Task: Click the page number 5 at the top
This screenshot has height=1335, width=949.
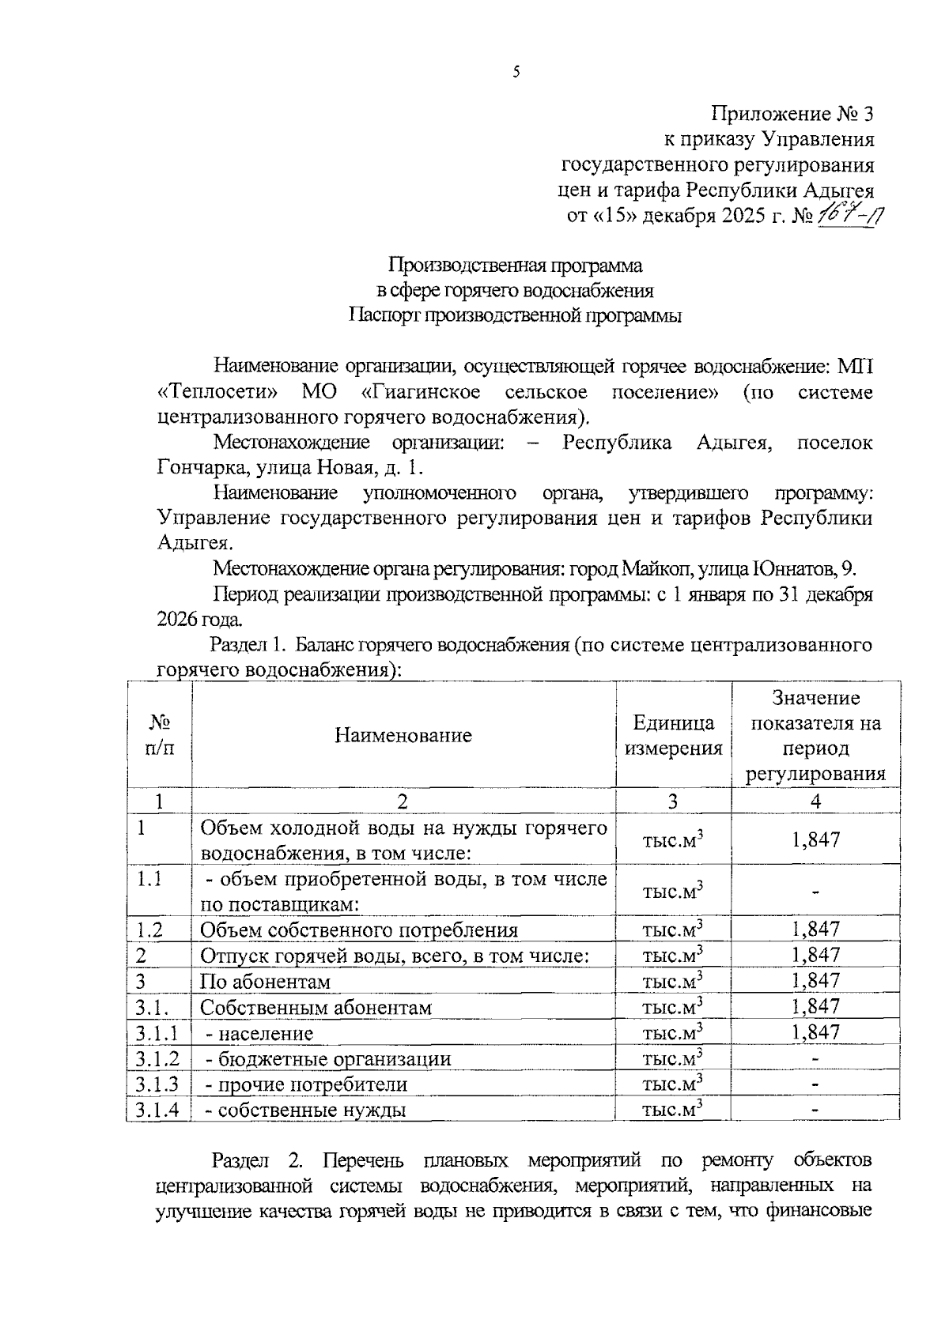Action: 516,73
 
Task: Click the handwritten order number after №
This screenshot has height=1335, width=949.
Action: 851,214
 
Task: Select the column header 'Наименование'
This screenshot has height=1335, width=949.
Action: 403,735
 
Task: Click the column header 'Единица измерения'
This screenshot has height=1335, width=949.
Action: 673,735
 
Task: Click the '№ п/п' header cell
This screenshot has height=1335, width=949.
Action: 159,735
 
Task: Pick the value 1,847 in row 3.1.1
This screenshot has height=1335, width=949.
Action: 815,1032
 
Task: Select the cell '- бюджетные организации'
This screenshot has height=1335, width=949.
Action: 328,1059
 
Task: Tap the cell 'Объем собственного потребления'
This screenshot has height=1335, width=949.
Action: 358,930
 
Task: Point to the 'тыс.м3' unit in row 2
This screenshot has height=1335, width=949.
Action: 673,956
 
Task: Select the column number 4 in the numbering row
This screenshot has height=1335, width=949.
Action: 815,801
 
